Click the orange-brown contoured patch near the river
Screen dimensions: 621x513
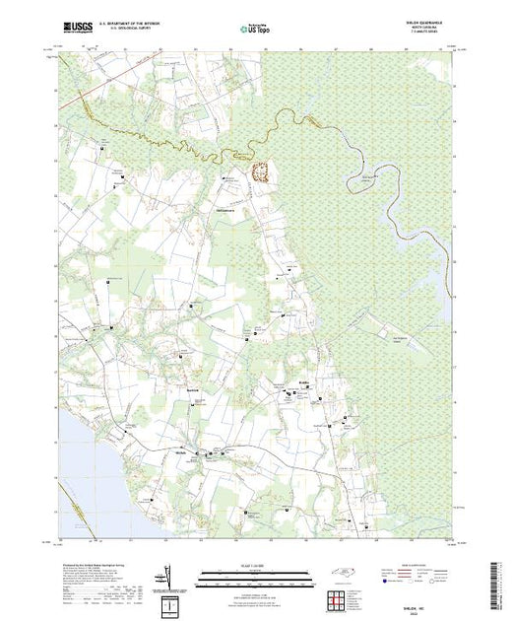tap(263, 171)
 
